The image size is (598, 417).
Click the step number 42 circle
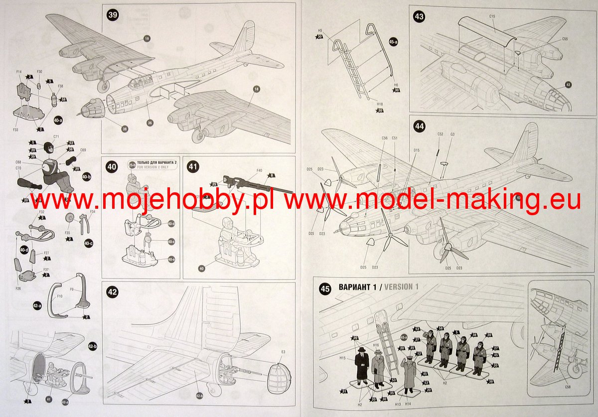[x=113, y=292]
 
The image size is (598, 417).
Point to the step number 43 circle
[x=419, y=16]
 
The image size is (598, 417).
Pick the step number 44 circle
[x=419, y=127]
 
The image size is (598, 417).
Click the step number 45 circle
[x=325, y=287]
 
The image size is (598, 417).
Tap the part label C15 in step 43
[x=492, y=16]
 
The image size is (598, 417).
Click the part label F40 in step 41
[x=259, y=171]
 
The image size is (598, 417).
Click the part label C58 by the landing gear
[x=568, y=387]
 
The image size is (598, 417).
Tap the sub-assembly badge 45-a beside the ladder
[x=393, y=42]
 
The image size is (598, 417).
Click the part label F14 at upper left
[x=19, y=72]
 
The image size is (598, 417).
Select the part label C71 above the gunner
[x=56, y=136]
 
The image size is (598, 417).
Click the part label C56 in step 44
[x=384, y=138]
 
